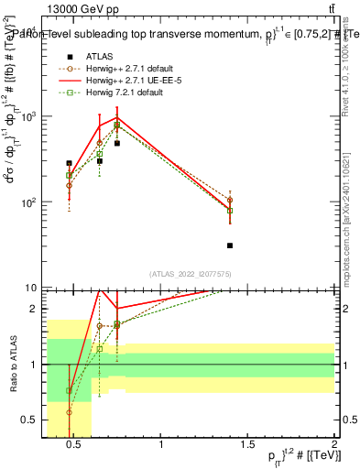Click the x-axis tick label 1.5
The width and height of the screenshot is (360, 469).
click(248, 446)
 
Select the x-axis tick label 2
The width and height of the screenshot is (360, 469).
click(334, 446)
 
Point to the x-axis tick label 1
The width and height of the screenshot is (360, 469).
click(161, 446)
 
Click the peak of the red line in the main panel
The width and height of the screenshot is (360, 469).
click(117, 117)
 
